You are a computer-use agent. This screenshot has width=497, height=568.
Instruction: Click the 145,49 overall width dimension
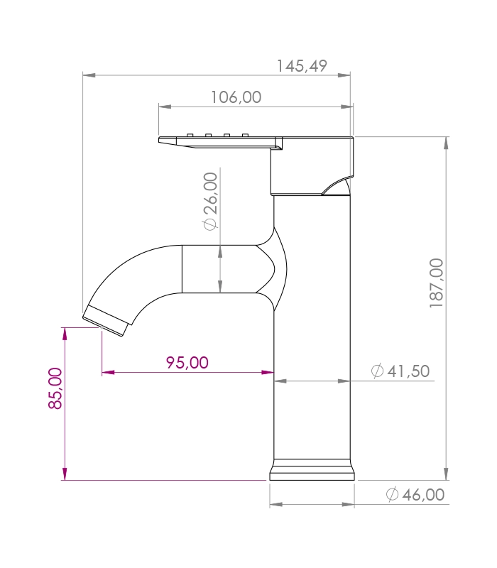click(x=302, y=66)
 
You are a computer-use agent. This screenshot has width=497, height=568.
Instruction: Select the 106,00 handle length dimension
click(x=236, y=97)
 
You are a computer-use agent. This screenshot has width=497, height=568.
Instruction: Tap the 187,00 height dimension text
click(x=437, y=283)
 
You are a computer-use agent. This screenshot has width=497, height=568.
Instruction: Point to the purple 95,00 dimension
click(x=187, y=363)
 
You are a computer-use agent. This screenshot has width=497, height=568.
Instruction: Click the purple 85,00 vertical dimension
click(x=55, y=388)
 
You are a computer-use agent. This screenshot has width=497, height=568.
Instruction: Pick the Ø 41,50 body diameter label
click(x=400, y=371)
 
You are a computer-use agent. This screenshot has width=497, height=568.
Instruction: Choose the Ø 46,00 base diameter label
click(x=415, y=494)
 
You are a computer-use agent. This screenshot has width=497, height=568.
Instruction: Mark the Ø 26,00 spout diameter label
click(x=211, y=202)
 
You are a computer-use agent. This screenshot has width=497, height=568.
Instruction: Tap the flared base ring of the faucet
click(x=312, y=470)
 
